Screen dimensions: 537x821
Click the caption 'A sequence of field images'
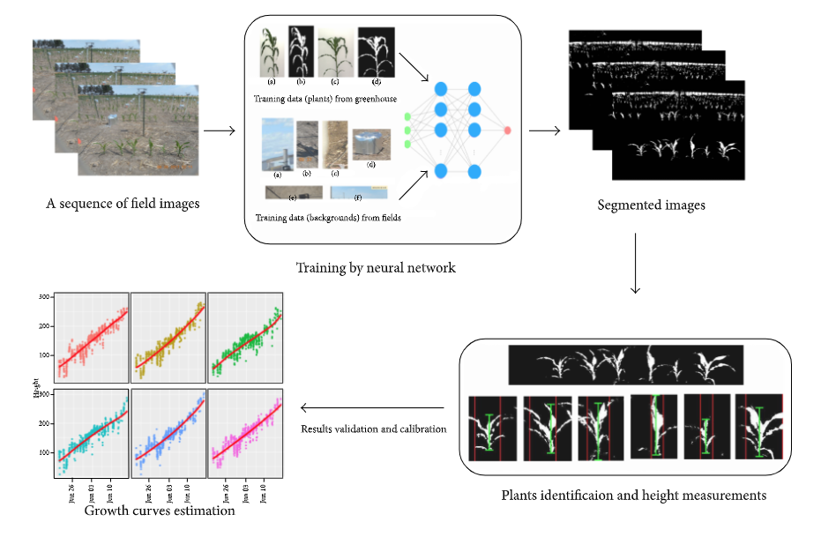coord(123,204)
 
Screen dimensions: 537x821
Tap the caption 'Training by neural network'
coord(376,267)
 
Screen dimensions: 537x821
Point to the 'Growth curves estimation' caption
coord(160,510)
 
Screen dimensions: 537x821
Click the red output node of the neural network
coord(508,131)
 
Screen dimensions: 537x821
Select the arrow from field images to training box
coord(219,131)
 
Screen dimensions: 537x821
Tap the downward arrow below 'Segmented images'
coord(634,265)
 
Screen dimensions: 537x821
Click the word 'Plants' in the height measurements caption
coord(521,496)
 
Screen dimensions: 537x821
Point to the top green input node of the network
coord(407,116)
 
